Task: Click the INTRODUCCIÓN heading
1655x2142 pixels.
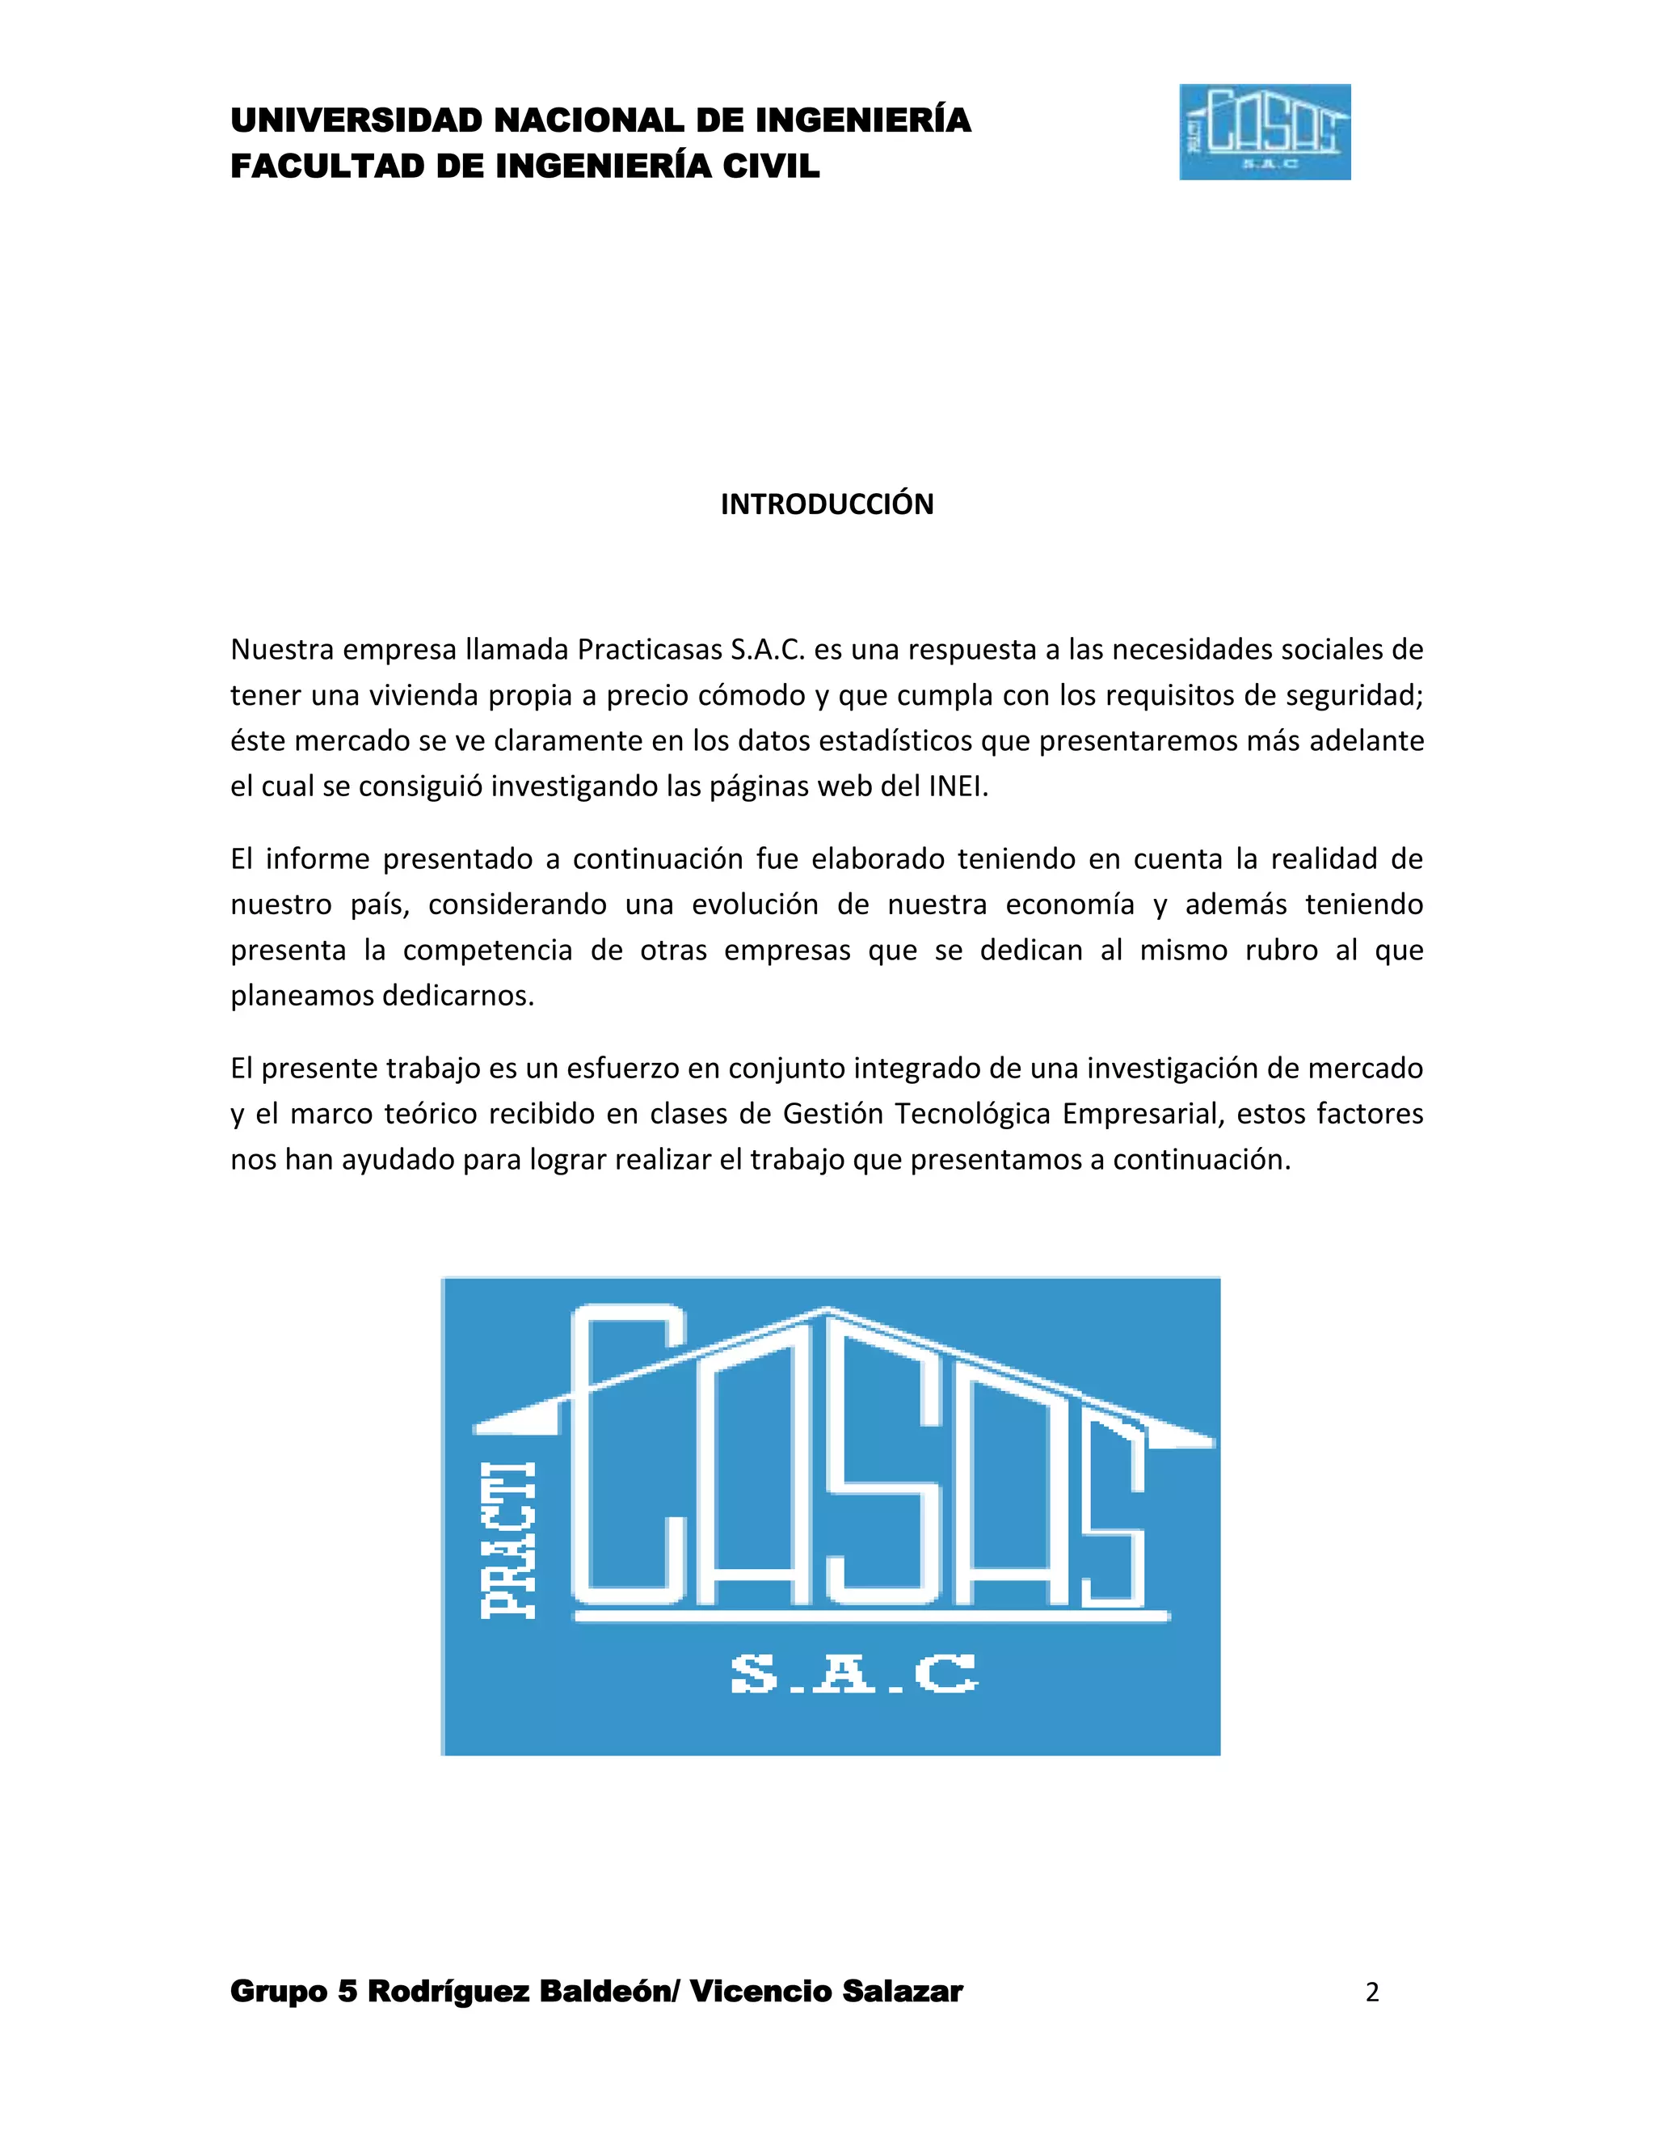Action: [x=827, y=504]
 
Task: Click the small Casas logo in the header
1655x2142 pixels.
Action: [x=1264, y=133]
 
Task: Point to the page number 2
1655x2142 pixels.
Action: [x=1371, y=1992]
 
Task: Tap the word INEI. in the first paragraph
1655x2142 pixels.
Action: [x=958, y=786]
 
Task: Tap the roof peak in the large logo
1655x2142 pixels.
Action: [x=828, y=1311]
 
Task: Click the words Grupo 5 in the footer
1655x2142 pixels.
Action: [x=293, y=1992]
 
